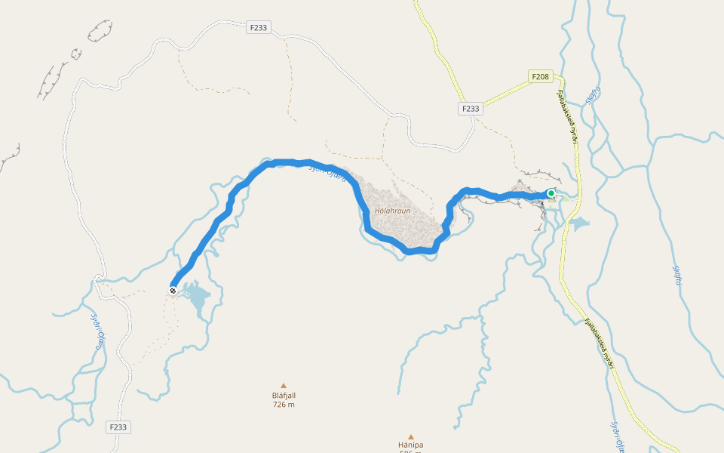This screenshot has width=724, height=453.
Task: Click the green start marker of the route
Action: click(x=551, y=194)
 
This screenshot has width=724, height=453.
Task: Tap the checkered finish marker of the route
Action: click(x=173, y=291)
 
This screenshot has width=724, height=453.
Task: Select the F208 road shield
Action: click(x=541, y=76)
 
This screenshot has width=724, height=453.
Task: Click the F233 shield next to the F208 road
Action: click(x=470, y=109)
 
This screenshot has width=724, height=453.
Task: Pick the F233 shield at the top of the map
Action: click(x=259, y=28)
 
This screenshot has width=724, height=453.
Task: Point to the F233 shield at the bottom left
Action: click(x=118, y=427)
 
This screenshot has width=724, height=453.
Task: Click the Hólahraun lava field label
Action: click(x=392, y=211)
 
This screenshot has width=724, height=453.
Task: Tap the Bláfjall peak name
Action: click(x=284, y=395)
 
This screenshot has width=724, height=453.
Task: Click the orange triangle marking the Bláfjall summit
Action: click(x=284, y=385)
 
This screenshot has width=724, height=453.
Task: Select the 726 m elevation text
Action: click(x=284, y=405)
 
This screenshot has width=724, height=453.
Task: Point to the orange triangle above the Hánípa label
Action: click(x=411, y=436)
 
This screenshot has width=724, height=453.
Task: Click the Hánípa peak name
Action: click(x=411, y=445)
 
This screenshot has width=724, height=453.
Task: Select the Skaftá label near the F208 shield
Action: click(x=593, y=95)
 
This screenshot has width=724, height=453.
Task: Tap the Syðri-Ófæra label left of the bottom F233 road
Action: click(x=97, y=332)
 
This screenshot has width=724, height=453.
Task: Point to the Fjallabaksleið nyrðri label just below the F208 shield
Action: click(x=566, y=113)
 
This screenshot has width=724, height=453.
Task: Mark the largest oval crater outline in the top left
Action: click(x=100, y=31)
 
